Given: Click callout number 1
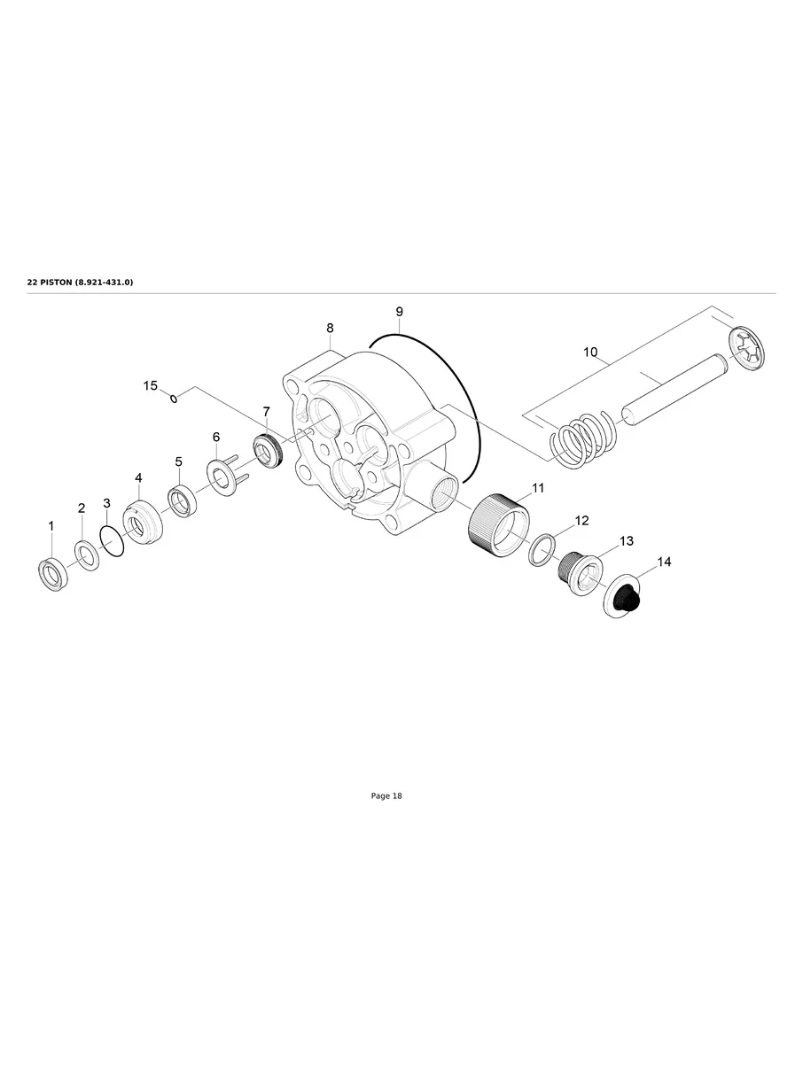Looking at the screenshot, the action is click(x=51, y=526).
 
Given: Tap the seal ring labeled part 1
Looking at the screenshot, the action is click(x=52, y=575).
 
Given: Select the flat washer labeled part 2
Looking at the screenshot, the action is click(x=87, y=556).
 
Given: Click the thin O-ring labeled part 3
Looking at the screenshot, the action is click(x=113, y=540).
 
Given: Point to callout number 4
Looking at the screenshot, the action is click(x=138, y=478).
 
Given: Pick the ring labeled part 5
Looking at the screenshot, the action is click(x=183, y=504).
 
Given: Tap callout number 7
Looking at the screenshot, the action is click(x=266, y=412).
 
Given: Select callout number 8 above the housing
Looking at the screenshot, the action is click(x=330, y=329).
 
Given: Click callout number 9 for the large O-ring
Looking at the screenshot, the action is click(x=399, y=312).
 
